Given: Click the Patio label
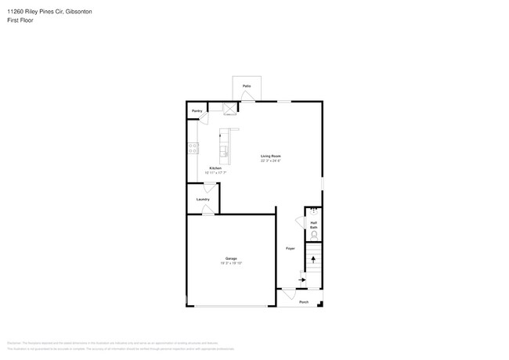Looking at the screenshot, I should click(x=247, y=85).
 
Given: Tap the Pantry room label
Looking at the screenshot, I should click(x=197, y=111).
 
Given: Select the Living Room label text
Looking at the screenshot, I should click(x=271, y=157).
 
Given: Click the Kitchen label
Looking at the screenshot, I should click(x=215, y=168).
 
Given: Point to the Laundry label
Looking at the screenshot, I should click(x=203, y=200).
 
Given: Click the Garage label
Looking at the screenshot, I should click(x=231, y=258).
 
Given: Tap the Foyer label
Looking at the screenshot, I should click(x=290, y=248).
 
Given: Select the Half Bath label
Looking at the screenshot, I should click(x=313, y=224).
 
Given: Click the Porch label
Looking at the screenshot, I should click(x=304, y=302).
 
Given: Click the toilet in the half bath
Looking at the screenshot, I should click(x=314, y=235).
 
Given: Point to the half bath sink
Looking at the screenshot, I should click(x=313, y=210).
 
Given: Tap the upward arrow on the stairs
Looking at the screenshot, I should click(x=313, y=257).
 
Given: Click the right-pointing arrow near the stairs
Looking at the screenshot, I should click(x=302, y=279).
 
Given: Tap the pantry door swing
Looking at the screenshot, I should click(x=204, y=117).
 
